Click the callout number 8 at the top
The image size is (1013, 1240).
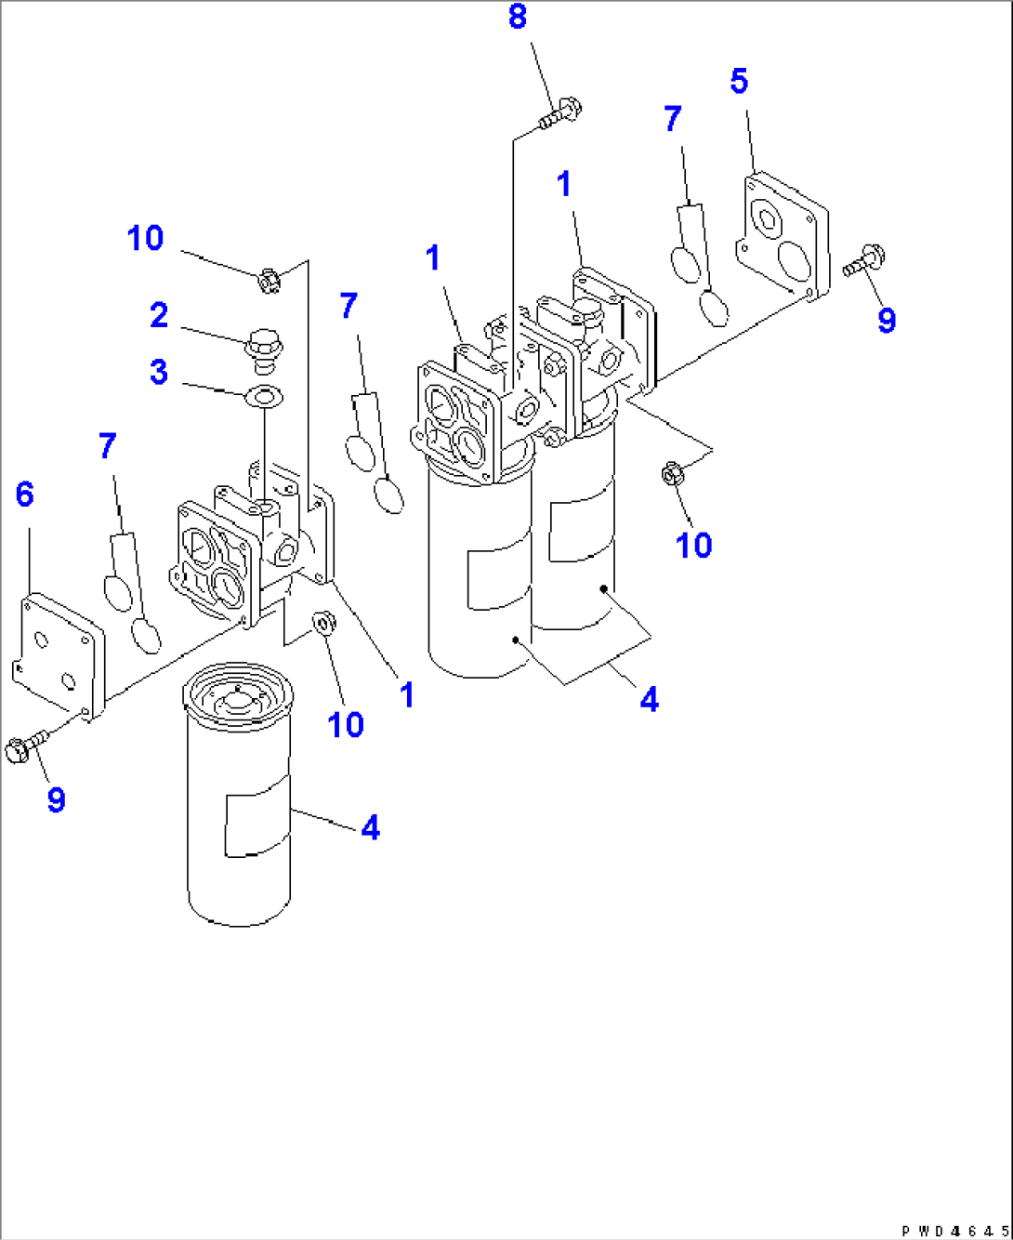click(518, 17)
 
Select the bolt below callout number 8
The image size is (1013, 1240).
click(560, 114)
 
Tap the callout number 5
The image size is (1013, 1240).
click(739, 81)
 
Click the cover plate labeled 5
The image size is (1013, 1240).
click(783, 236)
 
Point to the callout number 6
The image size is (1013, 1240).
click(25, 495)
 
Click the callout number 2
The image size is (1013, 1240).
click(159, 315)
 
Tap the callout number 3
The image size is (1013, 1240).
click(159, 372)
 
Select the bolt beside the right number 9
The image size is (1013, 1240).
click(864, 259)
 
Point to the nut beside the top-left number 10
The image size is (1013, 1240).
click(269, 278)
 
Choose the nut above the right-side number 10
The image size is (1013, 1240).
click(672, 474)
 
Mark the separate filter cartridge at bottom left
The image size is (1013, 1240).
click(238, 794)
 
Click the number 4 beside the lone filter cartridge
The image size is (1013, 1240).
click(370, 827)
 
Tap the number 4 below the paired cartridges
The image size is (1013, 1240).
click(649, 699)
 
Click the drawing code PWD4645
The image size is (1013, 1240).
click(954, 1231)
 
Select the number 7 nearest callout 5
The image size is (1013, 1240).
click(673, 119)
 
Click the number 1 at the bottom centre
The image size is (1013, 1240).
click(406, 694)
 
